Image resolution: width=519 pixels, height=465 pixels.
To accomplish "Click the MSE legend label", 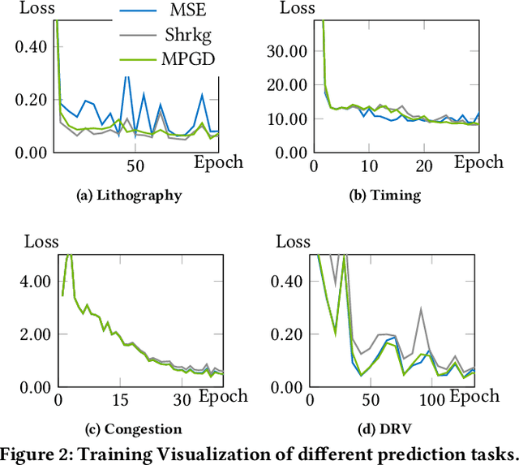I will click(x=187, y=12).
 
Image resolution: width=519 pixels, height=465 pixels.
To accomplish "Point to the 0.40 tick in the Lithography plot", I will click(x=32, y=47).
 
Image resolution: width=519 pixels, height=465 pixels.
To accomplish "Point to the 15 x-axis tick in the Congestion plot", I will click(x=119, y=401).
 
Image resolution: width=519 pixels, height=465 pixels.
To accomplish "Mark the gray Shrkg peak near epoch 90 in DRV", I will click(x=421, y=308).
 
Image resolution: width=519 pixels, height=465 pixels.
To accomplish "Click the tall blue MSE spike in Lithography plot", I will click(x=127, y=75).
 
